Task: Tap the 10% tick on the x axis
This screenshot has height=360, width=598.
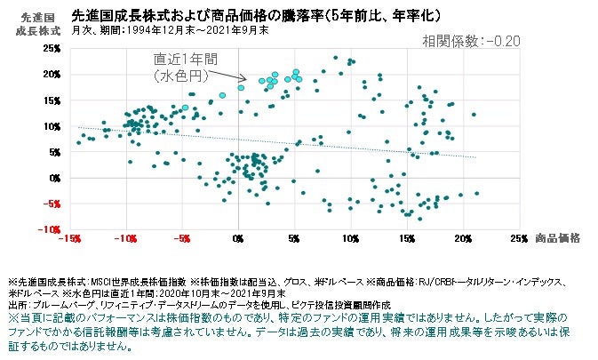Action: [351, 238]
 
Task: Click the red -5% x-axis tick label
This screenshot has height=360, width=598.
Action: [182, 238]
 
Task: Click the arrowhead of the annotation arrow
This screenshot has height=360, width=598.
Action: [222, 77]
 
